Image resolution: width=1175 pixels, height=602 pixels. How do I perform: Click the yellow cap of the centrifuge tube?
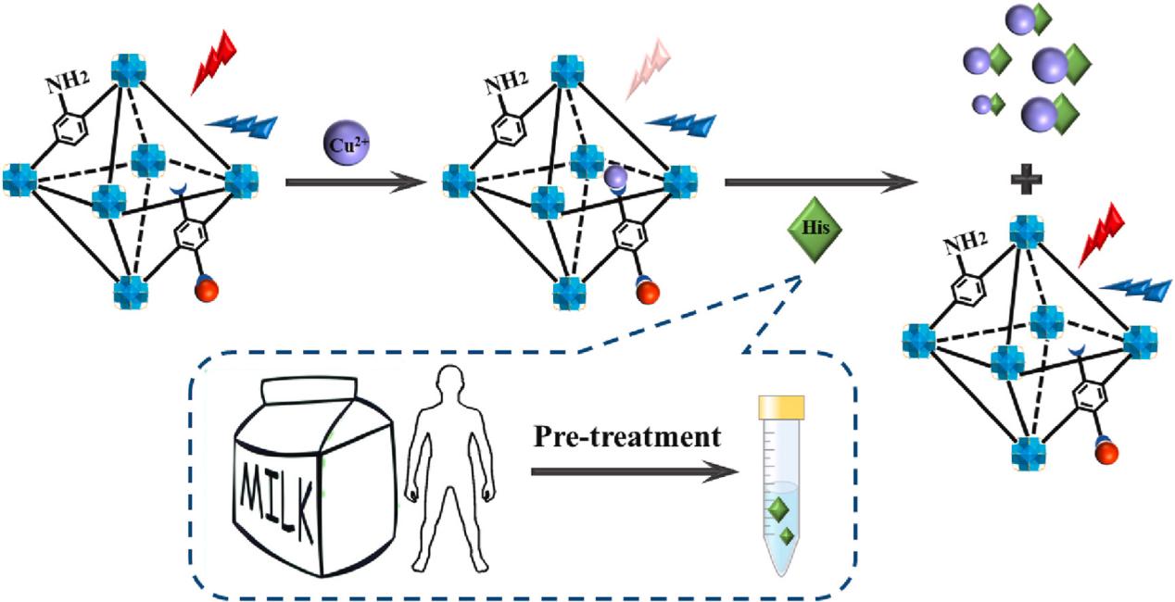click(781, 406)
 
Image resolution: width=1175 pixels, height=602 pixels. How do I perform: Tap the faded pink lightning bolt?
click(647, 65)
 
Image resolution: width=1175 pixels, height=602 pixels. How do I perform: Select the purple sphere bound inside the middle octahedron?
click(615, 177)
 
